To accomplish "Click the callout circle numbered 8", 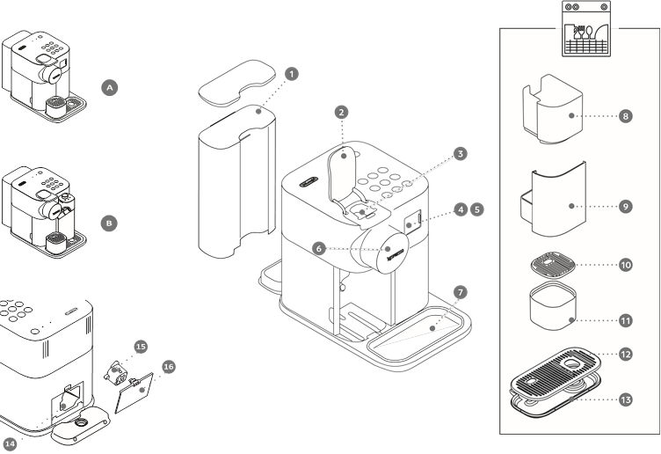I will (x=625, y=116).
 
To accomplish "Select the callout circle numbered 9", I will (x=625, y=206).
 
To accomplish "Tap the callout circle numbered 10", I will (x=625, y=264).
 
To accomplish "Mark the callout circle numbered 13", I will (x=625, y=399).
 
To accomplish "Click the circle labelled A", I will (x=109, y=88).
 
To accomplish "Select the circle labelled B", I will (x=109, y=223).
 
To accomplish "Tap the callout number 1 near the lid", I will (x=294, y=73).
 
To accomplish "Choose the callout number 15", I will (x=141, y=347).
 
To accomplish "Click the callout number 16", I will (x=169, y=366).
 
